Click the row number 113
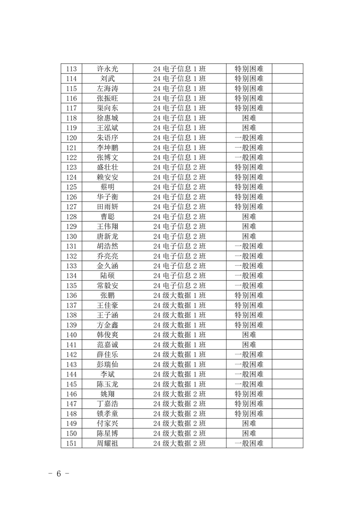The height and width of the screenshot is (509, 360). coord(71,69)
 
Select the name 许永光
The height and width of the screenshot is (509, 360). coord(108,69)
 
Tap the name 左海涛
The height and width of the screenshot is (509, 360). coord(108,88)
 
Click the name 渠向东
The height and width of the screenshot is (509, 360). coord(108,108)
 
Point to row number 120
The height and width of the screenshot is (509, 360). coord(71,138)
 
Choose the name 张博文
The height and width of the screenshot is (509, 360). coord(108,157)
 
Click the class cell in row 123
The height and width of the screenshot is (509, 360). coord(179,167)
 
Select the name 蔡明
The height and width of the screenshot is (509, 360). coord(108,187)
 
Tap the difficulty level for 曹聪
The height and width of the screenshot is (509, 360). coord(249,216)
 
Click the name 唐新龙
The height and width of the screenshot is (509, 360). coord(108,236)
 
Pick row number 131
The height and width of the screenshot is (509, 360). coord(71,246)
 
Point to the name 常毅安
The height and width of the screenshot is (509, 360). coord(108,285)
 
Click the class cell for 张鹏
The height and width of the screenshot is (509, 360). coord(179,295)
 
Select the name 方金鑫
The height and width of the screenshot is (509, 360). coord(108,325)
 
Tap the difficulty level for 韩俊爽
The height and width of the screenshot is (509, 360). coord(249,335)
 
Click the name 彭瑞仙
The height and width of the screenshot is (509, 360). coord(108,364)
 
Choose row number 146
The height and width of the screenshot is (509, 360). coord(71,394)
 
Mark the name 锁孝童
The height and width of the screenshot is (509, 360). coord(108,414)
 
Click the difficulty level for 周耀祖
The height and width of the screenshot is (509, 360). coord(249,443)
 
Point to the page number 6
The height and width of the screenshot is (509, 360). coord(59,474)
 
